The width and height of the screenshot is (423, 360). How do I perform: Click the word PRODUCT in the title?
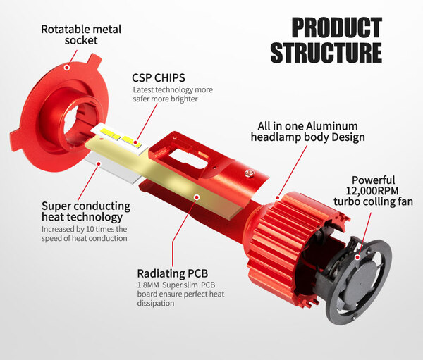[x=336, y=27]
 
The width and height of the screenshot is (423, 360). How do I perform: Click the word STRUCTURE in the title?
[x=326, y=54]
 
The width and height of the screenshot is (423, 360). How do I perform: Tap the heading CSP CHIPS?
[x=160, y=77]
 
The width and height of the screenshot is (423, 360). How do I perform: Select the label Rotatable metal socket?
[x=81, y=35]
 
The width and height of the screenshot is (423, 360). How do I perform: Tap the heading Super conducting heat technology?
[x=85, y=211]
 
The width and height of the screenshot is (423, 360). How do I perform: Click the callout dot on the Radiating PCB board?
[x=197, y=199]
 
